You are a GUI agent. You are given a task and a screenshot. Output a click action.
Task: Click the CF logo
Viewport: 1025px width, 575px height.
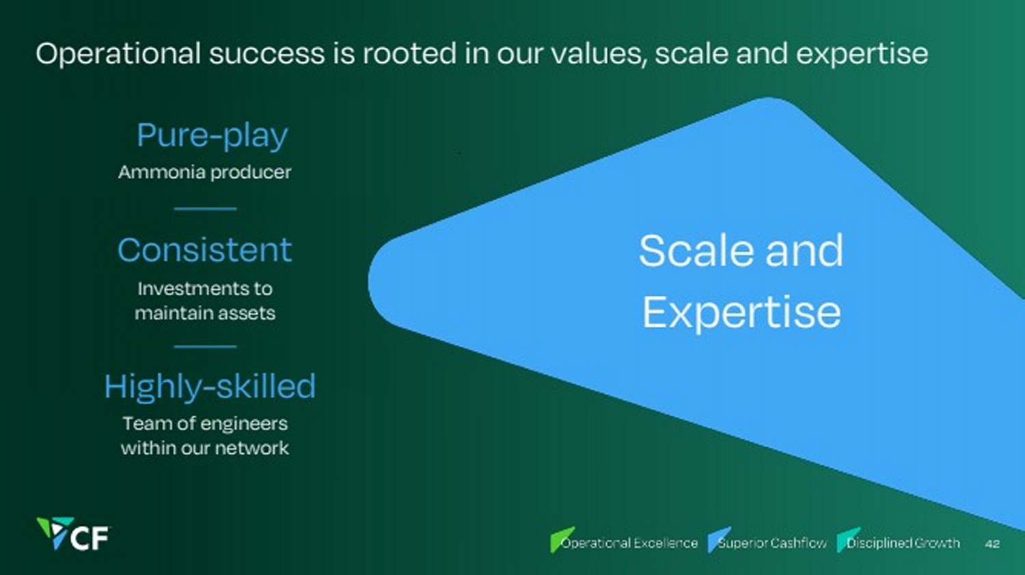coord(73,533)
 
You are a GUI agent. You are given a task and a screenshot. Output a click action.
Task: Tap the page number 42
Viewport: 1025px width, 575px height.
coord(992,544)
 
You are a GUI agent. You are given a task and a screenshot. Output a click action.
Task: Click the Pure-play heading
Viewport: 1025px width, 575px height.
coord(213,135)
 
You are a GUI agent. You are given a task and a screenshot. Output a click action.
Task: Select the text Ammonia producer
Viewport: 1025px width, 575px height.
coord(204,172)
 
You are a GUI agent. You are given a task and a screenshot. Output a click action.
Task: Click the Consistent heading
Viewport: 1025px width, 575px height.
coord(204,250)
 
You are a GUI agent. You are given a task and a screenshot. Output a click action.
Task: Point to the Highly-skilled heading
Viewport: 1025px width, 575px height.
coord(210,387)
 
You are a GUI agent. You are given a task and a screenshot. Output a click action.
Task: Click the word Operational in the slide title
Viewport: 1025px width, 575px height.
coord(118,54)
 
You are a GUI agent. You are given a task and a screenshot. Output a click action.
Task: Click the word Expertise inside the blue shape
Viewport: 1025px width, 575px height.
coord(741,313)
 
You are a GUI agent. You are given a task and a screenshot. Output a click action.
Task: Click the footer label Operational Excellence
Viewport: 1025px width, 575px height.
coord(629,543)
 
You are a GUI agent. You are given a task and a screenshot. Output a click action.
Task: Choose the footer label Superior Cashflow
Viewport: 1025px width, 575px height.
coord(772,543)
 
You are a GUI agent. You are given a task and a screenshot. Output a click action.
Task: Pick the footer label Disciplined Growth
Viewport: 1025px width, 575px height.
coord(903,543)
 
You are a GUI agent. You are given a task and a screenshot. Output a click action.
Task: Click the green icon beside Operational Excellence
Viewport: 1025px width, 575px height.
coord(560,539)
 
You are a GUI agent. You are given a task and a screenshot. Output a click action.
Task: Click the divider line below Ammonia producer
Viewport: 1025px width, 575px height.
coord(205,209)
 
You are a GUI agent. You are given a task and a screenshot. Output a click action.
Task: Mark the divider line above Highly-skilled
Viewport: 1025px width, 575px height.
coord(205,347)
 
